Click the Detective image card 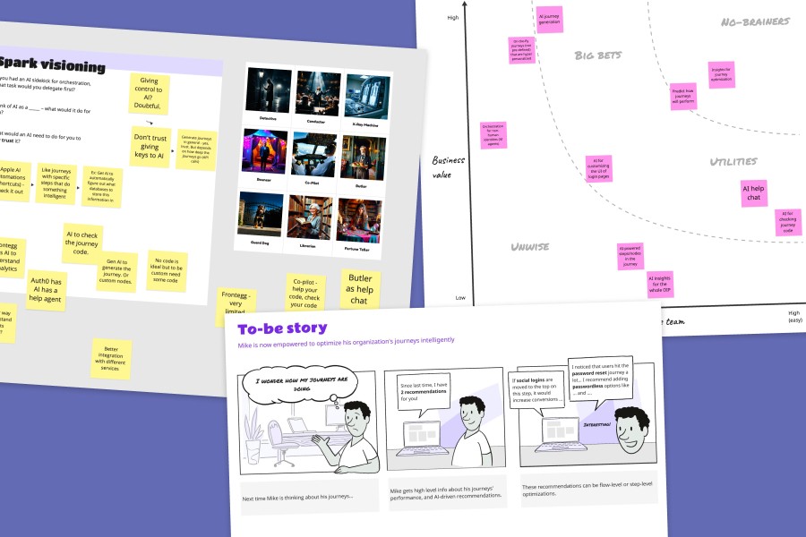click(267, 89)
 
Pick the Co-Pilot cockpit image click(313, 154)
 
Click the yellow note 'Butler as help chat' click(360, 289)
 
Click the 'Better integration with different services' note click(111, 358)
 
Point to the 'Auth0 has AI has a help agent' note click(46, 289)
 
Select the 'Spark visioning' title click(54, 65)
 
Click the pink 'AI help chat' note click(753, 192)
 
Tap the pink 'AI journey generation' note click(549, 20)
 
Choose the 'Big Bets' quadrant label click(597, 55)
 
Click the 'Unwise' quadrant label click(530, 246)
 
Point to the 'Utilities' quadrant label click(733, 162)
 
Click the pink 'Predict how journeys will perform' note click(683, 97)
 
